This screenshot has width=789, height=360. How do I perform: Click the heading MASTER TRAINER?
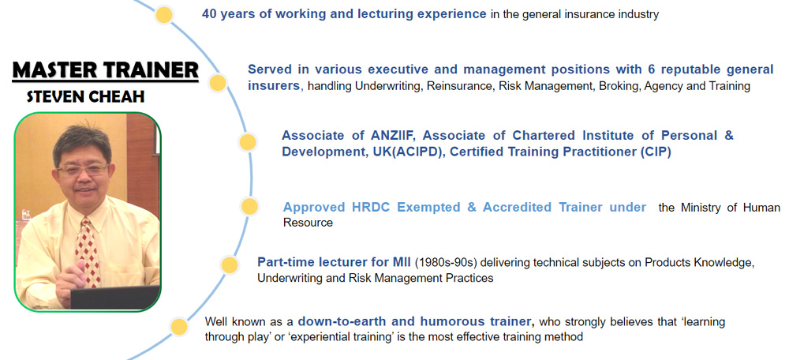click(x=105, y=70)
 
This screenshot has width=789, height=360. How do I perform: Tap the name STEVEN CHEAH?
click(x=85, y=96)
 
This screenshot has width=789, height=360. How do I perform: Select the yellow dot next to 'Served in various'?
click(x=218, y=83)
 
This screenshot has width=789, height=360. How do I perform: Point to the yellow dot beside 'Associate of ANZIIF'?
click(x=247, y=143)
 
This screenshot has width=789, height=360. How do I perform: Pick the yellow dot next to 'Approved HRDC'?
click(x=249, y=206)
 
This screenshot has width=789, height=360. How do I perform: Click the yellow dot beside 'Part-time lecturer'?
click(x=230, y=264)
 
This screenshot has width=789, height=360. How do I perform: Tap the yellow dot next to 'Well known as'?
click(x=178, y=328)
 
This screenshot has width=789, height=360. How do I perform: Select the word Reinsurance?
click(x=460, y=86)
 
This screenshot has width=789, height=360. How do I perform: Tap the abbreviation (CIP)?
click(x=656, y=152)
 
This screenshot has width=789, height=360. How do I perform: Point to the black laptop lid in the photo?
click(x=114, y=298)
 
